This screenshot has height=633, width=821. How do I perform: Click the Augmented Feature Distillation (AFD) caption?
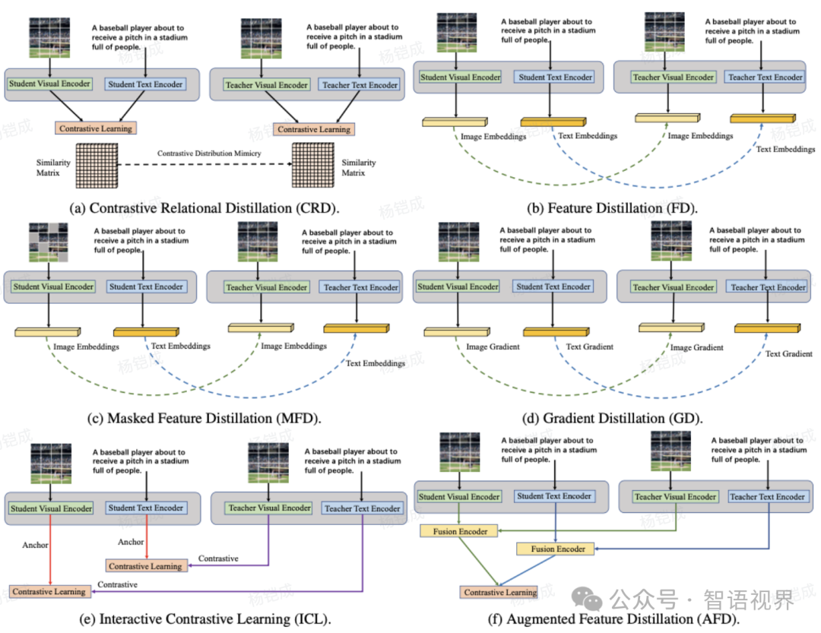613,619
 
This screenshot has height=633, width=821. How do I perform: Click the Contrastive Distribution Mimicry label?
209,154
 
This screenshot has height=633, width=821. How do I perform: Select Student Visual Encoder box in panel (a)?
51,84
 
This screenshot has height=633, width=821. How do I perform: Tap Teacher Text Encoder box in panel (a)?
360,85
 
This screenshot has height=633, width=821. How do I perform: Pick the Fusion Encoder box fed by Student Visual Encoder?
461,530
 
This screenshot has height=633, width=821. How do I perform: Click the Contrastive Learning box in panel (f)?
500,592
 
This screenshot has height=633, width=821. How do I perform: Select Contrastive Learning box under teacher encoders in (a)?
313,129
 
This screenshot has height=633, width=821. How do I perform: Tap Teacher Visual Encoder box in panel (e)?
269,508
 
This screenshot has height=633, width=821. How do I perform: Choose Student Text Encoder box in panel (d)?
553,286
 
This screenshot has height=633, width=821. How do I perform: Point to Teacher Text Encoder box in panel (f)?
767,496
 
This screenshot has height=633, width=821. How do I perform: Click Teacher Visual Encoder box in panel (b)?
673,77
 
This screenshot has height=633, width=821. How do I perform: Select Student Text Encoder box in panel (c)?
146,286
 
